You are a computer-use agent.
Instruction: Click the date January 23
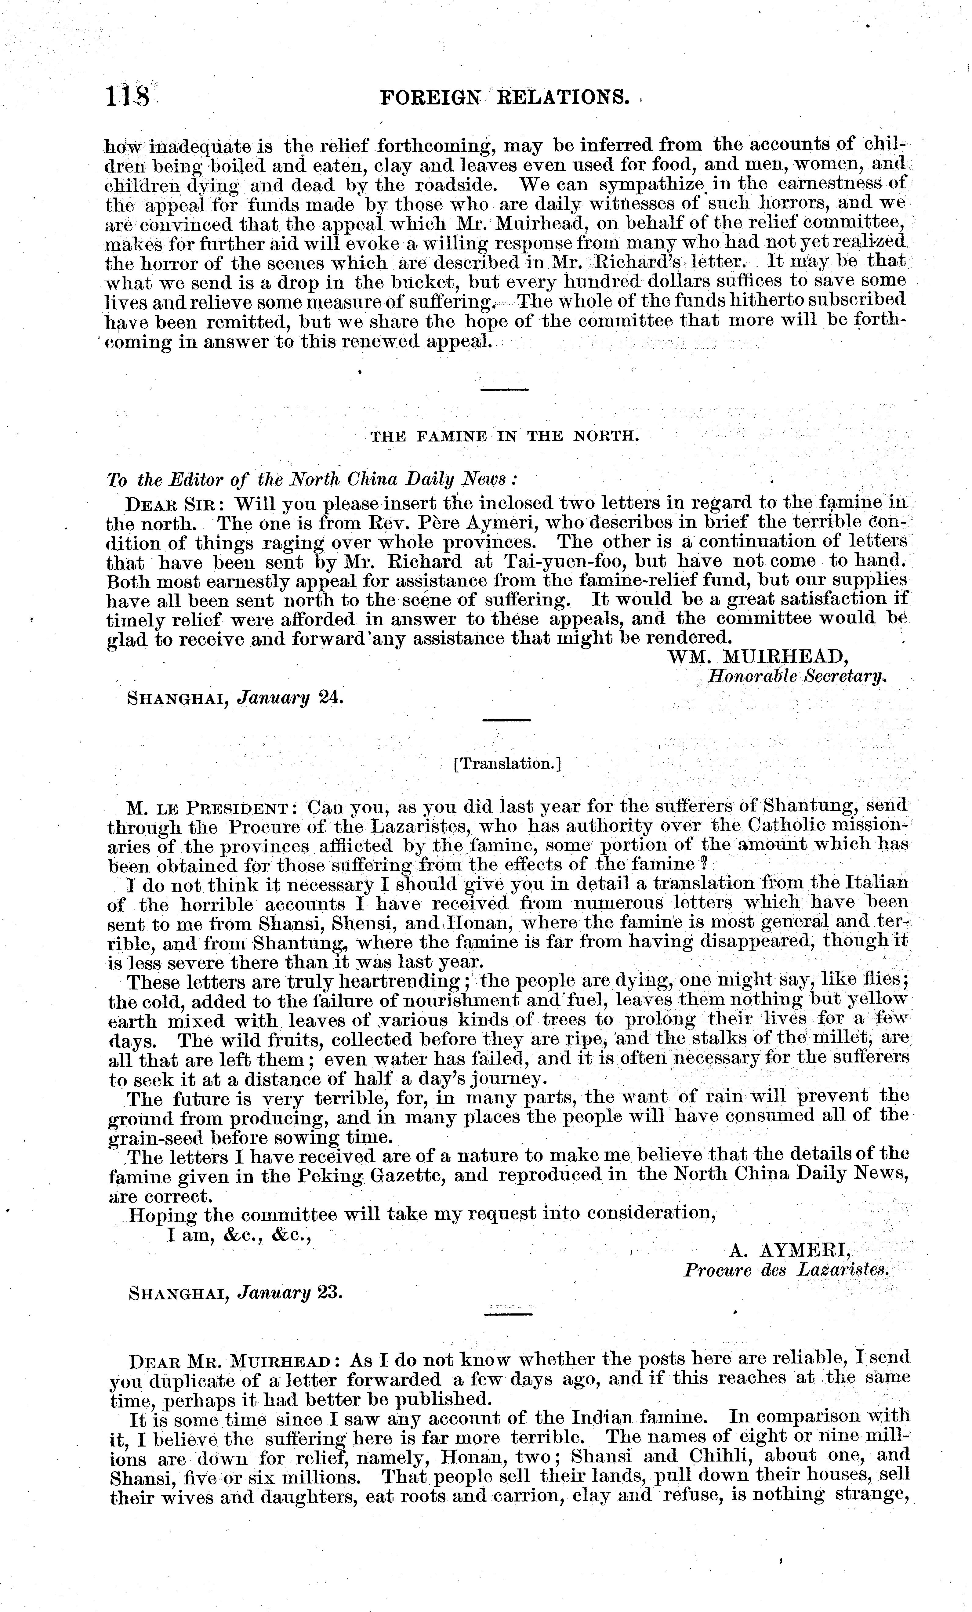(290, 1293)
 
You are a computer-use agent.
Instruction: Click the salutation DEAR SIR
(175, 504)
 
